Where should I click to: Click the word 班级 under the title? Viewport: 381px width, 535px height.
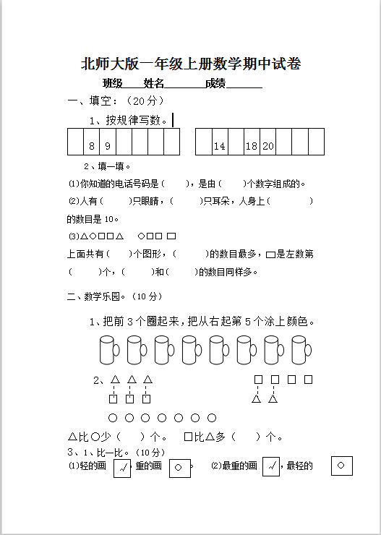point(112,84)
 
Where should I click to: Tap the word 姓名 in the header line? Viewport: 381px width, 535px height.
point(154,84)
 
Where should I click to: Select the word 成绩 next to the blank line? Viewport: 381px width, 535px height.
point(215,84)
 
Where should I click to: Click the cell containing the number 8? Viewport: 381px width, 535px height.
point(92,146)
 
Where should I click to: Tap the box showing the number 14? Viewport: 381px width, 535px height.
point(219,146)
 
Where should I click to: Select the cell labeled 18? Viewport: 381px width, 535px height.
point(251,146)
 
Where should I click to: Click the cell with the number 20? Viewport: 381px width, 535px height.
point(267,146)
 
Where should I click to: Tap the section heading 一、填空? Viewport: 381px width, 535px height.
point(93,101)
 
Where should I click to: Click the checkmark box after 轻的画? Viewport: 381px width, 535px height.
point(122,468)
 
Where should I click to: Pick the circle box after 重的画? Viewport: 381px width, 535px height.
point(179,468)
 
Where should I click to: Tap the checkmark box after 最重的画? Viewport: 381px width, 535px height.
point(270,467)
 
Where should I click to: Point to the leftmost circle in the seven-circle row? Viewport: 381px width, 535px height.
point(112,418)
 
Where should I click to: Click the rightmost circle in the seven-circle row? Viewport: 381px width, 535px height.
point(212,418)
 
